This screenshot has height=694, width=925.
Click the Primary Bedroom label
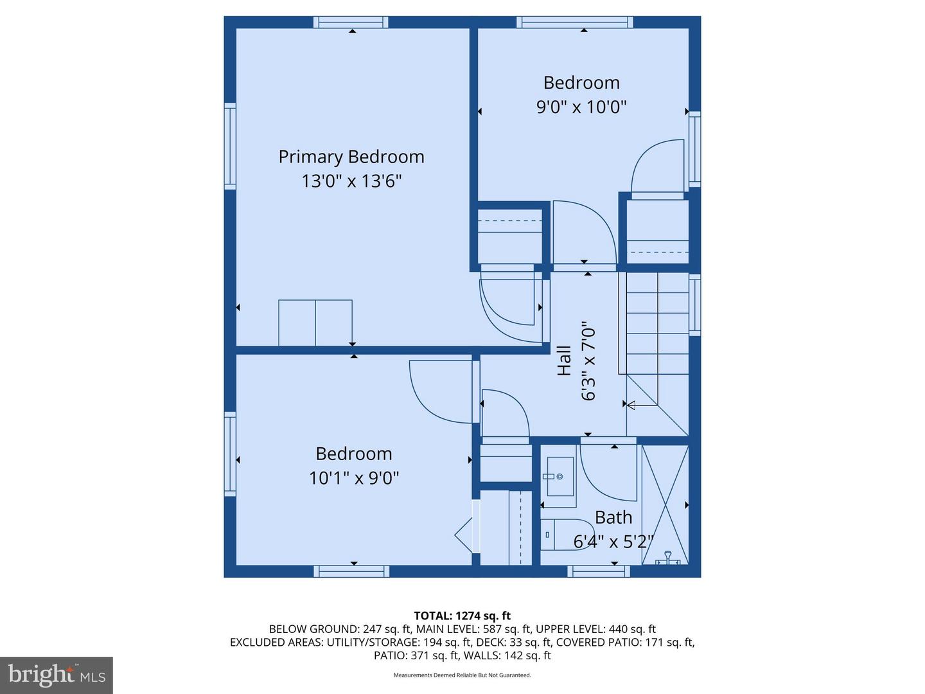point(351,157)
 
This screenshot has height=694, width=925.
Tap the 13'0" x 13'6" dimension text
point(351,182)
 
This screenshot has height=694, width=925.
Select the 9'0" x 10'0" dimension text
point(581,107)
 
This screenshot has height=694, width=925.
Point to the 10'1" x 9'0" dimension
point(354,478)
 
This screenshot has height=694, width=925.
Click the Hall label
point(564,361)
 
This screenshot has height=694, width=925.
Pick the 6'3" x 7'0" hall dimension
point(588,361)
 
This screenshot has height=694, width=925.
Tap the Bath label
point(613,517)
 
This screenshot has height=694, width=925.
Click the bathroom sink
point(559,477)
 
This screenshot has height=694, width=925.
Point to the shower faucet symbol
point(667,558)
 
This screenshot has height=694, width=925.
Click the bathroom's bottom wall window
point(599,571)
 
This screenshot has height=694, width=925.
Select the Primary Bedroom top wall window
point(351,22)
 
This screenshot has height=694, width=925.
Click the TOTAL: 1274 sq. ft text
point(463,616)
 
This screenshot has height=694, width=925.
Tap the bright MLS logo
point(57,675)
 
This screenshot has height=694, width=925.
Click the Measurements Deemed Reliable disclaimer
point(463,675)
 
